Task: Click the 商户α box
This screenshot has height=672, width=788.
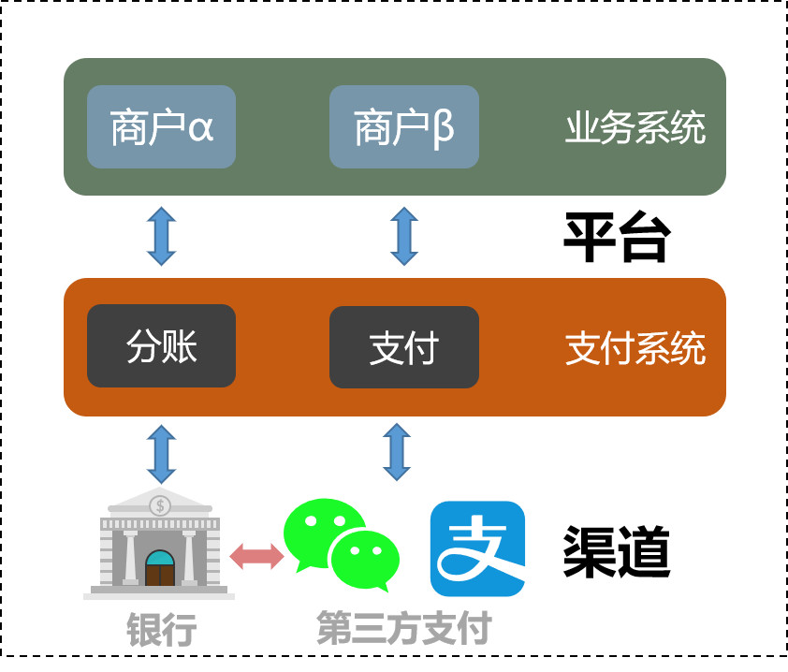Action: click(x=161, y=127)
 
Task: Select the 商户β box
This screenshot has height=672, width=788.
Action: click(x=404, y=127)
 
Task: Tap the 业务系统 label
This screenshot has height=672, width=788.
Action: click(x=635, y=129)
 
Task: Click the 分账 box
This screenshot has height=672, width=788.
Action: click(x=161, y=346)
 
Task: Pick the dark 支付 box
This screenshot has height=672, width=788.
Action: click(x=404, y=347)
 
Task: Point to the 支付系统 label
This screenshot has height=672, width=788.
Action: click(x=635, y=349)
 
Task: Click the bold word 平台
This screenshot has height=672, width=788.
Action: click(x=616, y=240)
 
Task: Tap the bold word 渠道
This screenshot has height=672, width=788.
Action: click(x=616, y=552)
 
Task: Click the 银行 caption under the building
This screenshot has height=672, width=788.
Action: click(x=161, y=630)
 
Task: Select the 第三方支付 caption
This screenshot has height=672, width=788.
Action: click(x=404, y=630)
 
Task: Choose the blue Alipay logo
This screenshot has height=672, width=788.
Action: click(x=477, y=548)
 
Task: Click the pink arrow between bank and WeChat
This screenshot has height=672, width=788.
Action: click(x=256, y=555)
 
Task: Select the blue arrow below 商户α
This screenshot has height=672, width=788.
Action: click(x=161, y=237)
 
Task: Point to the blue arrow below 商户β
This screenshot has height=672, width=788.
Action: click(x=404, y=237)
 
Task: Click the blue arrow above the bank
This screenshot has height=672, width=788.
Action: click(x=161, y=454)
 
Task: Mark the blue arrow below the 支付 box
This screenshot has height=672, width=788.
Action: click(x=398, y=451)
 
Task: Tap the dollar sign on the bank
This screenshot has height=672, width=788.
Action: click(x=161, y=505)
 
